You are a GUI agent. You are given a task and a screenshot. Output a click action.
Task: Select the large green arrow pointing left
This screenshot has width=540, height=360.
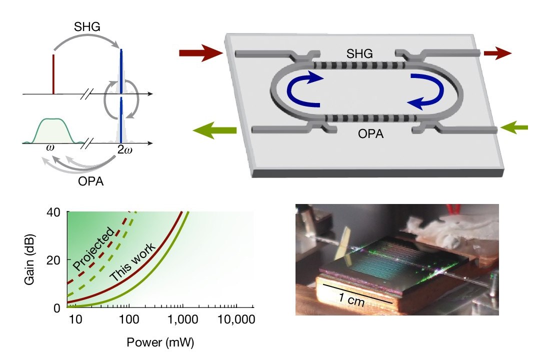[x=214, y=130]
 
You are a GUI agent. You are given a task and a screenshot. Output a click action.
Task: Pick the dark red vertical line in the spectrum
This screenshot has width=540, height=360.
[x=53, y=74]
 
